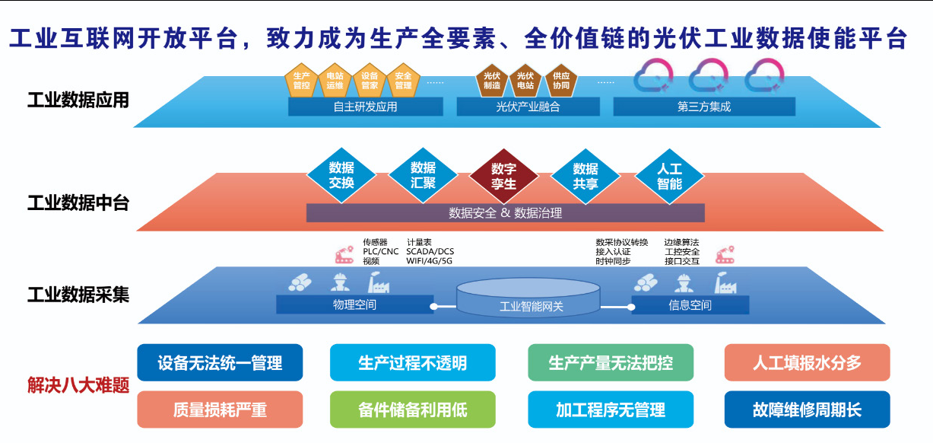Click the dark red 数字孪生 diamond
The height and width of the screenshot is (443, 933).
[x=503, y=176]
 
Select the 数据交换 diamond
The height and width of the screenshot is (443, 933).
[x=341, y=176]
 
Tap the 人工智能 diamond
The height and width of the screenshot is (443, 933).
[x=669, y=176]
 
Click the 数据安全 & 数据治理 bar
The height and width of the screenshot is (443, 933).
[x=505, y=213]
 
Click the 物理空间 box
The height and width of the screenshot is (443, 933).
[x=354, y=305]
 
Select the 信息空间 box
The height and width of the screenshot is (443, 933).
[x=690, y=305]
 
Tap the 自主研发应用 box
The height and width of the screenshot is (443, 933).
[x=365, y=107]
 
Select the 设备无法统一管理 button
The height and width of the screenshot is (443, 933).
[x=220, y=362]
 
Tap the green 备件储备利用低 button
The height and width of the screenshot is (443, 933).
[x=412, y=410]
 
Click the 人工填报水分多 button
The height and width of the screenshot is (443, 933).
[x=807, y=362]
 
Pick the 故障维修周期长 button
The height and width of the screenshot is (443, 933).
[x=807, y=410]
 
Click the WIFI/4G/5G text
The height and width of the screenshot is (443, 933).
[x=430, y=261]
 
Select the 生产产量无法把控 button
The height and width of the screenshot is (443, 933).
[x=611, y=362]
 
